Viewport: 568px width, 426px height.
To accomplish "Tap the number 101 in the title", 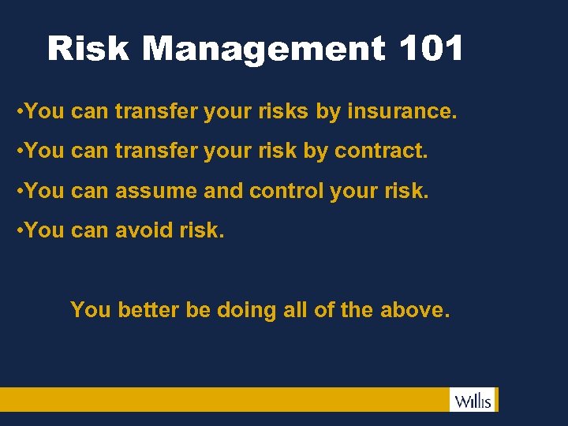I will click(x=431, y=49).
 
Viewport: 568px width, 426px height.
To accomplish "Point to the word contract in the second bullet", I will click(x=380, y=151).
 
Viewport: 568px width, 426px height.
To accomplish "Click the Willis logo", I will click(x=473, y=400).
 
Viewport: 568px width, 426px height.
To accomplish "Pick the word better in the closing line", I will click(x=148, y=310).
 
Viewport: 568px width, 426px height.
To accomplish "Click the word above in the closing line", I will click(x=413, y=310).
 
